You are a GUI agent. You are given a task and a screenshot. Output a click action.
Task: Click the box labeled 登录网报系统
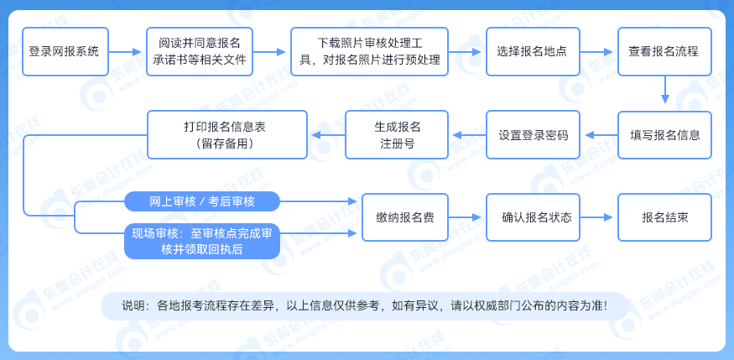pyautogui.click(x=64, y=51)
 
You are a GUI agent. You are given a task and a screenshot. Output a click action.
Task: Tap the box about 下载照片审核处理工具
pyautogui.click(x=370, y=51)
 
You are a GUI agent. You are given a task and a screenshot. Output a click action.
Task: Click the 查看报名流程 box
pyautogui.click(x=664, y=51)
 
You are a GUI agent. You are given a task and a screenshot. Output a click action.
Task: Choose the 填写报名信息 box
pyautogui.click(x=664, y=135)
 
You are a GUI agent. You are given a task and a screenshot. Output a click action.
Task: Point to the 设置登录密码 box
pyautogui.click(x=534, y=135)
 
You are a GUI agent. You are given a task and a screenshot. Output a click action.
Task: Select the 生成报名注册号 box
pyautogui.click(x=398, y=135)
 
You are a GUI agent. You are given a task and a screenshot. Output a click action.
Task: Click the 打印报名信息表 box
pyautogui.click(x=226, y=135)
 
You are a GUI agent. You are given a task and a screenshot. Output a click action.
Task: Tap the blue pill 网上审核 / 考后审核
pyautogui.click(x=202, y=201)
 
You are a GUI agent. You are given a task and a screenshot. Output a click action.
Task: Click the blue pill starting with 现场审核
pyautogui.click(x=202, y=241)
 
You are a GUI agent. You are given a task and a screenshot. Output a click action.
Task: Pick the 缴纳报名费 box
pyautogui.click(x=404, y=217)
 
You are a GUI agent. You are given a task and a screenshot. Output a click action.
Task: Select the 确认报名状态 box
pyautogui.click(x=537, y=217)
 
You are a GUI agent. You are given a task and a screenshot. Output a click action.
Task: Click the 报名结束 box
pyautogui.click(x=664, y=217)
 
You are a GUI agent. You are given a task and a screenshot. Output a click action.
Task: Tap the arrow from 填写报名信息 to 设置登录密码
pyautogui.click(x=599, y=135)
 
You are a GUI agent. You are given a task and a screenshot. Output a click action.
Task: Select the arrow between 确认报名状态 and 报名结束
pyautogui.click(x=598, y=217)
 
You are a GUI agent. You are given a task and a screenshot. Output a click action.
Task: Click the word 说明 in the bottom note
pyautogui.click(x=133, y=305)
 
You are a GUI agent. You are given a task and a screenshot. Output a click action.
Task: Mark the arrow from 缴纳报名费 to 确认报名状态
pyautogui.click(x=466, y=217)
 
